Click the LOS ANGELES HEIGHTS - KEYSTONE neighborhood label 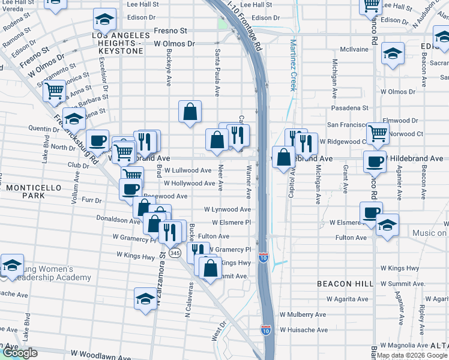point(118,44)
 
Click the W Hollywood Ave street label point(189,184)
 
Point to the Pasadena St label point(348,108)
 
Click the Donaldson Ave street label point(119,221)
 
